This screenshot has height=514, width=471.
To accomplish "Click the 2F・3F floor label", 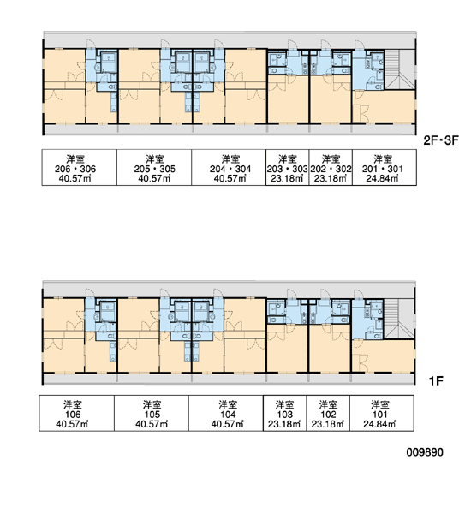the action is (x=441, y=140).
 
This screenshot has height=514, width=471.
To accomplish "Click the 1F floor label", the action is (x=436, y=381).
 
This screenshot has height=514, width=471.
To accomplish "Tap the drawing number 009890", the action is (x=425, y=452).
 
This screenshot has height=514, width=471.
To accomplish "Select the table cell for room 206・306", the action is (x=80, y=168).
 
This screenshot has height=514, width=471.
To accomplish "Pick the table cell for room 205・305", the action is (x=154, y=168).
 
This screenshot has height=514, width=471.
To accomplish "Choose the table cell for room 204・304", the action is (x=229, y=168).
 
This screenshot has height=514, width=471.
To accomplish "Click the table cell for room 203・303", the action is (x=288, y=168).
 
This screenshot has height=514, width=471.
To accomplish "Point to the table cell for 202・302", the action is (x=331, y=168).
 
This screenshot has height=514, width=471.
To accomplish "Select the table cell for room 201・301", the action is (x=385, y=168).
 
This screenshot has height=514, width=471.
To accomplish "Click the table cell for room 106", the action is (x=77, y=413).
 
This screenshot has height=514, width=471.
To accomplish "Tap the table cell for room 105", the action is (x=152, y=413).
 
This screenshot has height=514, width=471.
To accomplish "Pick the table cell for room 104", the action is (x=226, y=413).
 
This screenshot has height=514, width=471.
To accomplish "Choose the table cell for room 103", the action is (x=285, y=413).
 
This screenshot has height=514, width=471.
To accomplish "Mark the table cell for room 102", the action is (x=328, y=413).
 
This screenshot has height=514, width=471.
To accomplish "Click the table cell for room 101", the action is (x=382, y=413).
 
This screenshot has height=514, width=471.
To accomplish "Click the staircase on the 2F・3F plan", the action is (x=400, y=69).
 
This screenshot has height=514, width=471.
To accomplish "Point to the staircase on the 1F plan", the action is (x=399, y=319).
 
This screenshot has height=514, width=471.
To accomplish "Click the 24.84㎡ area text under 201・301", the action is (x=382, y=178).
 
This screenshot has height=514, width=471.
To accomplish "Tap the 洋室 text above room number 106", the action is (x=73, y=404).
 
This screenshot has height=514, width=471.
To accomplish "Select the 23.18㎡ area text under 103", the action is (x=284, y=424).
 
